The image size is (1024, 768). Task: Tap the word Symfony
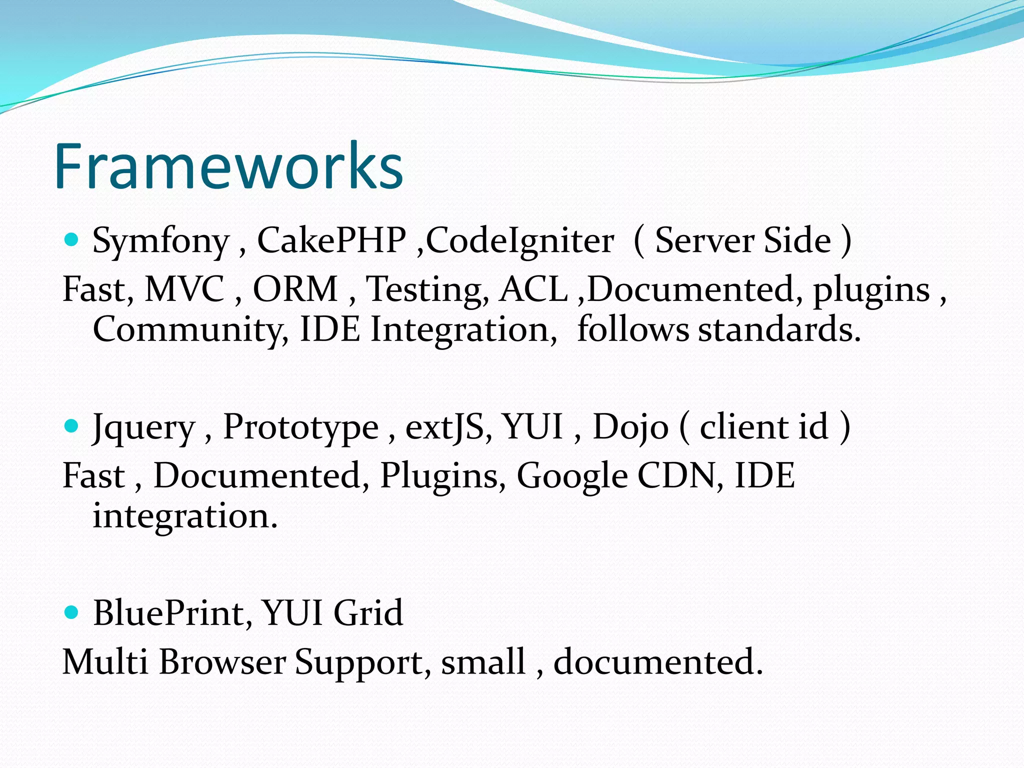[161, 241]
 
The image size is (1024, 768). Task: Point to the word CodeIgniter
[519, 241]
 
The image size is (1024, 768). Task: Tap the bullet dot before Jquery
[72, 426]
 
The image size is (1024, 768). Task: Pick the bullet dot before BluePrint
[72, 612]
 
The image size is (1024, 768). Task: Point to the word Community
[190, 330]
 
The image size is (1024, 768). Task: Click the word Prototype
[300, 427]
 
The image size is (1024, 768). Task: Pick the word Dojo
[630, 427]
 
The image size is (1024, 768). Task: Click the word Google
[572, 476]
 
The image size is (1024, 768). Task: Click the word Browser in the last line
[222, 662]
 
